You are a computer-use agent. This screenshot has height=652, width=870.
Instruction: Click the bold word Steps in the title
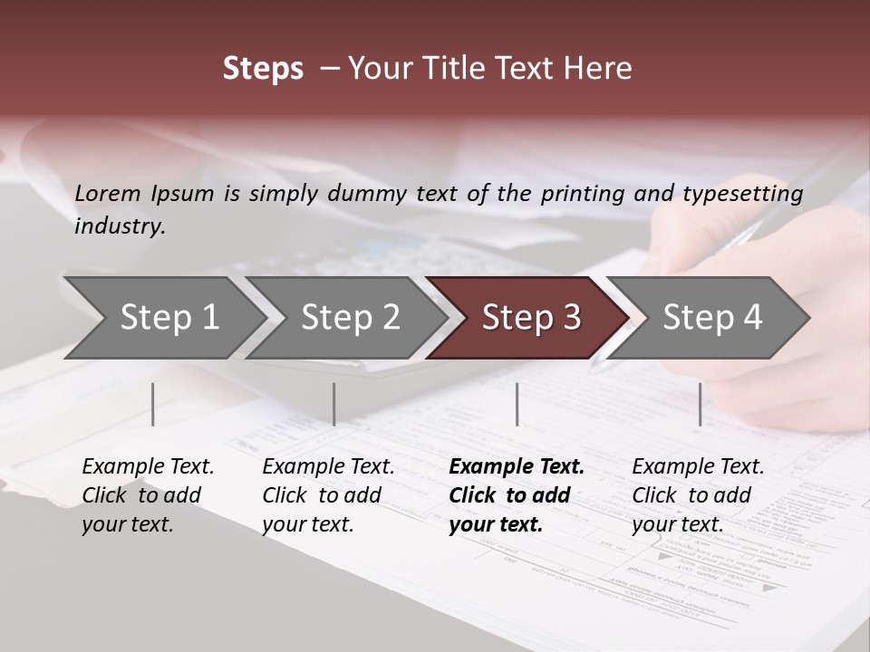coord(263,69)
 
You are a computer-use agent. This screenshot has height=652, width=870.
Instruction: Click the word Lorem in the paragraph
coord(107,193)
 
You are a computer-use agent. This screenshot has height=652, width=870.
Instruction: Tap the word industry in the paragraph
coord(120,225)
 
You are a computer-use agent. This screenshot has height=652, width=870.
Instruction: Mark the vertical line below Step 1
coord(153,404)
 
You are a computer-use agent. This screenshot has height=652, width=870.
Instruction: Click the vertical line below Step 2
coord(334,404)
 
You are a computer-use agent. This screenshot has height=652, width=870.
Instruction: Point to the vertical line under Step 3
coord(517,404)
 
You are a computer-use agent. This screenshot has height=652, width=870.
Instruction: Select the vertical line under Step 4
coord(700,404)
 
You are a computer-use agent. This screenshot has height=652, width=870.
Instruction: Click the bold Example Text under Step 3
coord(517,467)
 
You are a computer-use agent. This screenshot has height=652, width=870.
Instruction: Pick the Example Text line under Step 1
coord(148,467)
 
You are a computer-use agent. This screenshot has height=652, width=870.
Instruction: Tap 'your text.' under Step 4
coord(677,524)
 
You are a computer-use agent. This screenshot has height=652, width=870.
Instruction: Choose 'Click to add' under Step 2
coord(322,495)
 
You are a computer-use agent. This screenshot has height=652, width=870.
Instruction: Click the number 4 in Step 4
coord(751,318)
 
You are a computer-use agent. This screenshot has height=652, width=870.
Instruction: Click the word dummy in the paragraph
coord(367,194)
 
